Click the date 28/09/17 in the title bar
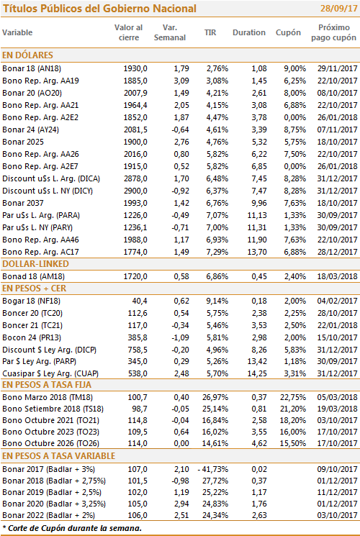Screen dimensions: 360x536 [x=339, y=8]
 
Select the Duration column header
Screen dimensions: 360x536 [x=249, y=32]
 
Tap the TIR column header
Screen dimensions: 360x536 [x=210, y=32]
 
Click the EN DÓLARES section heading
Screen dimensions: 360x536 [x=27, y=55]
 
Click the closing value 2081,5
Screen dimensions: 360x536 [x=135, y=130]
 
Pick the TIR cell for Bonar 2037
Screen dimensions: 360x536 [x=217, y=203]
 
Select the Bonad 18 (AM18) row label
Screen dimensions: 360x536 [x=34, y=276]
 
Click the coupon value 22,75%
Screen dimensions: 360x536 [x=292, y=397]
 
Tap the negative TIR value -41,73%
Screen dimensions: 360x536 [x=213, y=469]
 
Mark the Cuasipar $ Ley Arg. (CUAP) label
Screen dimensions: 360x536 [x=50, y=373]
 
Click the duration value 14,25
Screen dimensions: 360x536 [x=257, y=373]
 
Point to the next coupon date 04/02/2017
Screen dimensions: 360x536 [x=337, y=301]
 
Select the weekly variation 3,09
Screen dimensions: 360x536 [x=181, y=81]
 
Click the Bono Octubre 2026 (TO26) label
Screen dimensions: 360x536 [x=50, y=443]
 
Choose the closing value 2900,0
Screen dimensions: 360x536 [x=135, y=191]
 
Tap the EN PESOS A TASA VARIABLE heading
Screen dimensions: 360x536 [x=59, y=456]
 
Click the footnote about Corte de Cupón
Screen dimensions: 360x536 [x=72, y=528]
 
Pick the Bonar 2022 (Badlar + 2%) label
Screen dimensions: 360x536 [x=48, y=515]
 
